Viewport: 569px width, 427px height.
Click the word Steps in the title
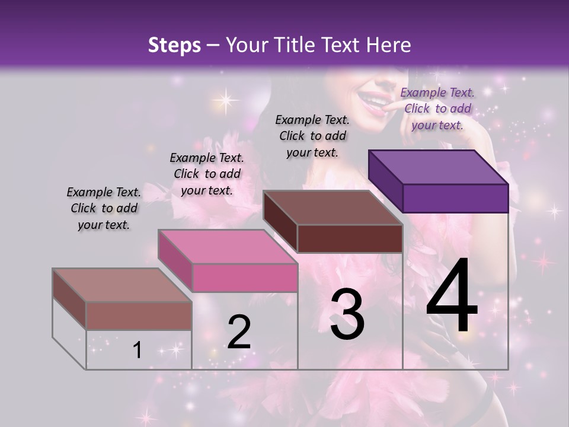[x=174, y=45]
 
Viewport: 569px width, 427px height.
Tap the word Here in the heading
[x=388, y=45]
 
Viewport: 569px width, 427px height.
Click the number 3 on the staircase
[x=347, y=314]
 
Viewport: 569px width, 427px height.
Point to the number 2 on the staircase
[x=239, y=332]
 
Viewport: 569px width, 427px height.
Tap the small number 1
[x=138, y=350]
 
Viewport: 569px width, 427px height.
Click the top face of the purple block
[x=439, y=167]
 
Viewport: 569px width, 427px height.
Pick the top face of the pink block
[x=228, y=247]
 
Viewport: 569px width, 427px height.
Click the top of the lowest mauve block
[x=122, y=285]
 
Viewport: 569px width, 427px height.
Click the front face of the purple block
[x=455, y=198]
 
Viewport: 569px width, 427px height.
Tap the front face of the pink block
[x=245, y=278]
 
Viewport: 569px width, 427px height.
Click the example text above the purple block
[x=437, y=109]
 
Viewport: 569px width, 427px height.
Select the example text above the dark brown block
[x=312, y=136]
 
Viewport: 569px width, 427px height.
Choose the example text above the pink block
[x=207, y=174]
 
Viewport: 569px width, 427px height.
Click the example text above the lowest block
[x=104, y=208]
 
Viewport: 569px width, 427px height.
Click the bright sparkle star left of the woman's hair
[x=225, y=98]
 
